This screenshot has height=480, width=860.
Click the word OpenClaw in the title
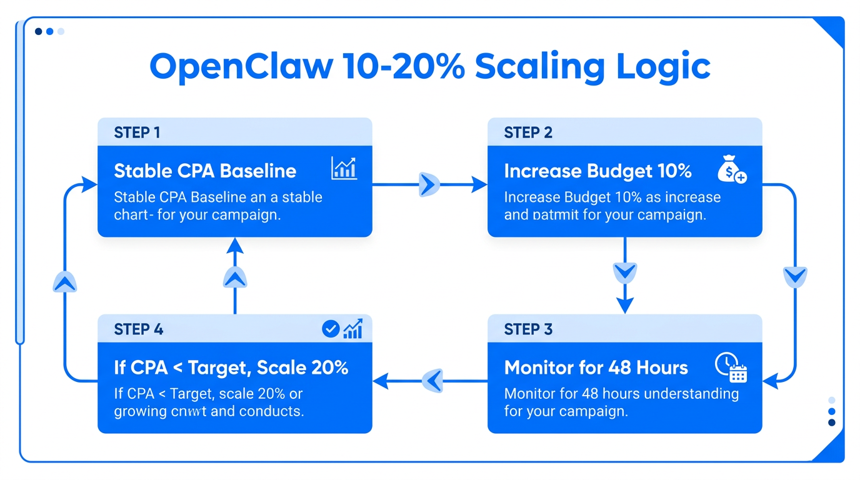pyautogui.click(x=241, y=66)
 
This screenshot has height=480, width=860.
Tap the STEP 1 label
pyautogui.click(x=137, y=132)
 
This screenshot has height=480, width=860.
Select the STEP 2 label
pyautogui.click(x=528, y=132)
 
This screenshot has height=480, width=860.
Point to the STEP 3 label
pyautogui.click(x=528, y=329)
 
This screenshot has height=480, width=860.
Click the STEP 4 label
pyautogui.click(x=138, y=329)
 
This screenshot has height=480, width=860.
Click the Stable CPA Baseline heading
pyautogui.click(x=205, y=171)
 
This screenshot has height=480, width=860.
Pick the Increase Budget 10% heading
pyautogui.click(x=597, y=171)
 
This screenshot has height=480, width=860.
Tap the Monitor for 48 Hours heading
pyautogui.click(x=596, y=367)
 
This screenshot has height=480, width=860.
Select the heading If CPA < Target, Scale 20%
pyautogui.click(x=231, y=367)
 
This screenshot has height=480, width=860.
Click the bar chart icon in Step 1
pyautogui.click(x=344, y=169)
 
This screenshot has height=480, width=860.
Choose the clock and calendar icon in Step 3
pyautogui.click(x=731, y=367)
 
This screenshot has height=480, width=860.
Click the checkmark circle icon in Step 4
pyautogui.click(x=330, y=329)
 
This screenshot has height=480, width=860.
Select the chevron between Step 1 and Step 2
pyautogui.click(x=429, y=184)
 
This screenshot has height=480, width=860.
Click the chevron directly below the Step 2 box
pyautogui.click(x=625, y=272)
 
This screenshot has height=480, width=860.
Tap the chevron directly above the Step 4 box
pyautogui.click(x=235, y=277)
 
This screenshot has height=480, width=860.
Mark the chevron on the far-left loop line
pyautogui.click(x=65, y=282)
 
